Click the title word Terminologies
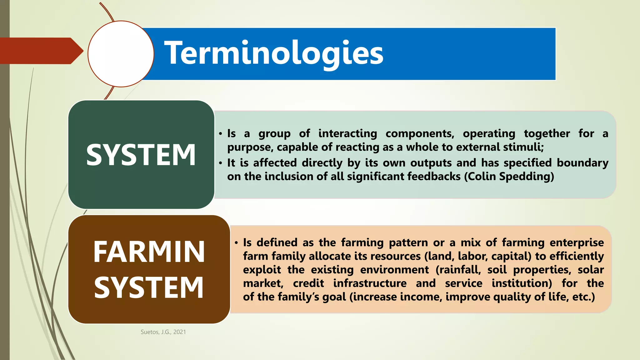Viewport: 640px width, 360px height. (x=274, y=53)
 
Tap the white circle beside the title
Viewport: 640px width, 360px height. (x=121, y=54)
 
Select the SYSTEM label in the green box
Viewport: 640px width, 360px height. (x=141, y=155)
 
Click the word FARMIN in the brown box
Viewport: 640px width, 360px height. (x=149, y=252)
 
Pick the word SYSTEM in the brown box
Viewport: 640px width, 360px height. (x=149, y=287)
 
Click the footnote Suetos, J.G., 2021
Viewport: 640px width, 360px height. (x=163, y=332)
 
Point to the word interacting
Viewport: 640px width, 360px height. (x=347, y=133)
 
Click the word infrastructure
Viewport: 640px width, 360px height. (x=370, y=283)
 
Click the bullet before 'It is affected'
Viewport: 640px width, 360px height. (x=221, y=163)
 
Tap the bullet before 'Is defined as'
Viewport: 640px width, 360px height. (x=237, y=243)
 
